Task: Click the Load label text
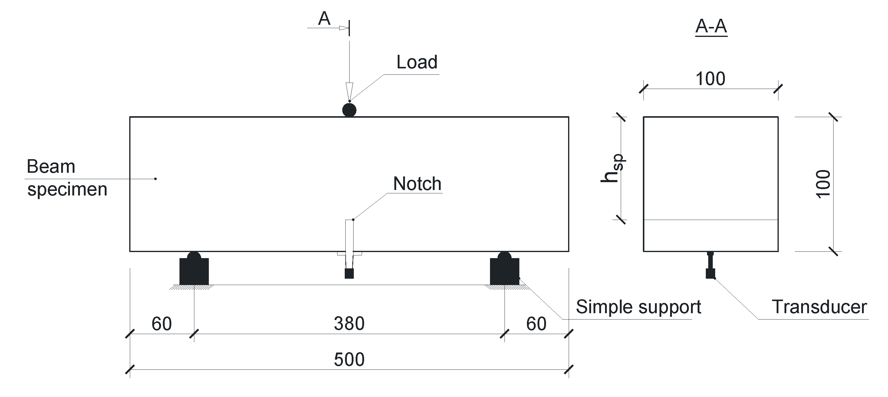416,62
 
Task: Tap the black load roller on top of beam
349,110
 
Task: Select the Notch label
417,184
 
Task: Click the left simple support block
194,271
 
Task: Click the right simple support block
504,271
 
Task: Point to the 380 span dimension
349,323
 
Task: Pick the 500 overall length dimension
349,359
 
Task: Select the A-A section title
711,26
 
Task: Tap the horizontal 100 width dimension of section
710,79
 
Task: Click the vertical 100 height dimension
824,184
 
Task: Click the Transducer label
819,307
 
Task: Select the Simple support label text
638,307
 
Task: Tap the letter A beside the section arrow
324,19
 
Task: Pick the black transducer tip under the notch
349,274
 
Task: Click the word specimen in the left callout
67,189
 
